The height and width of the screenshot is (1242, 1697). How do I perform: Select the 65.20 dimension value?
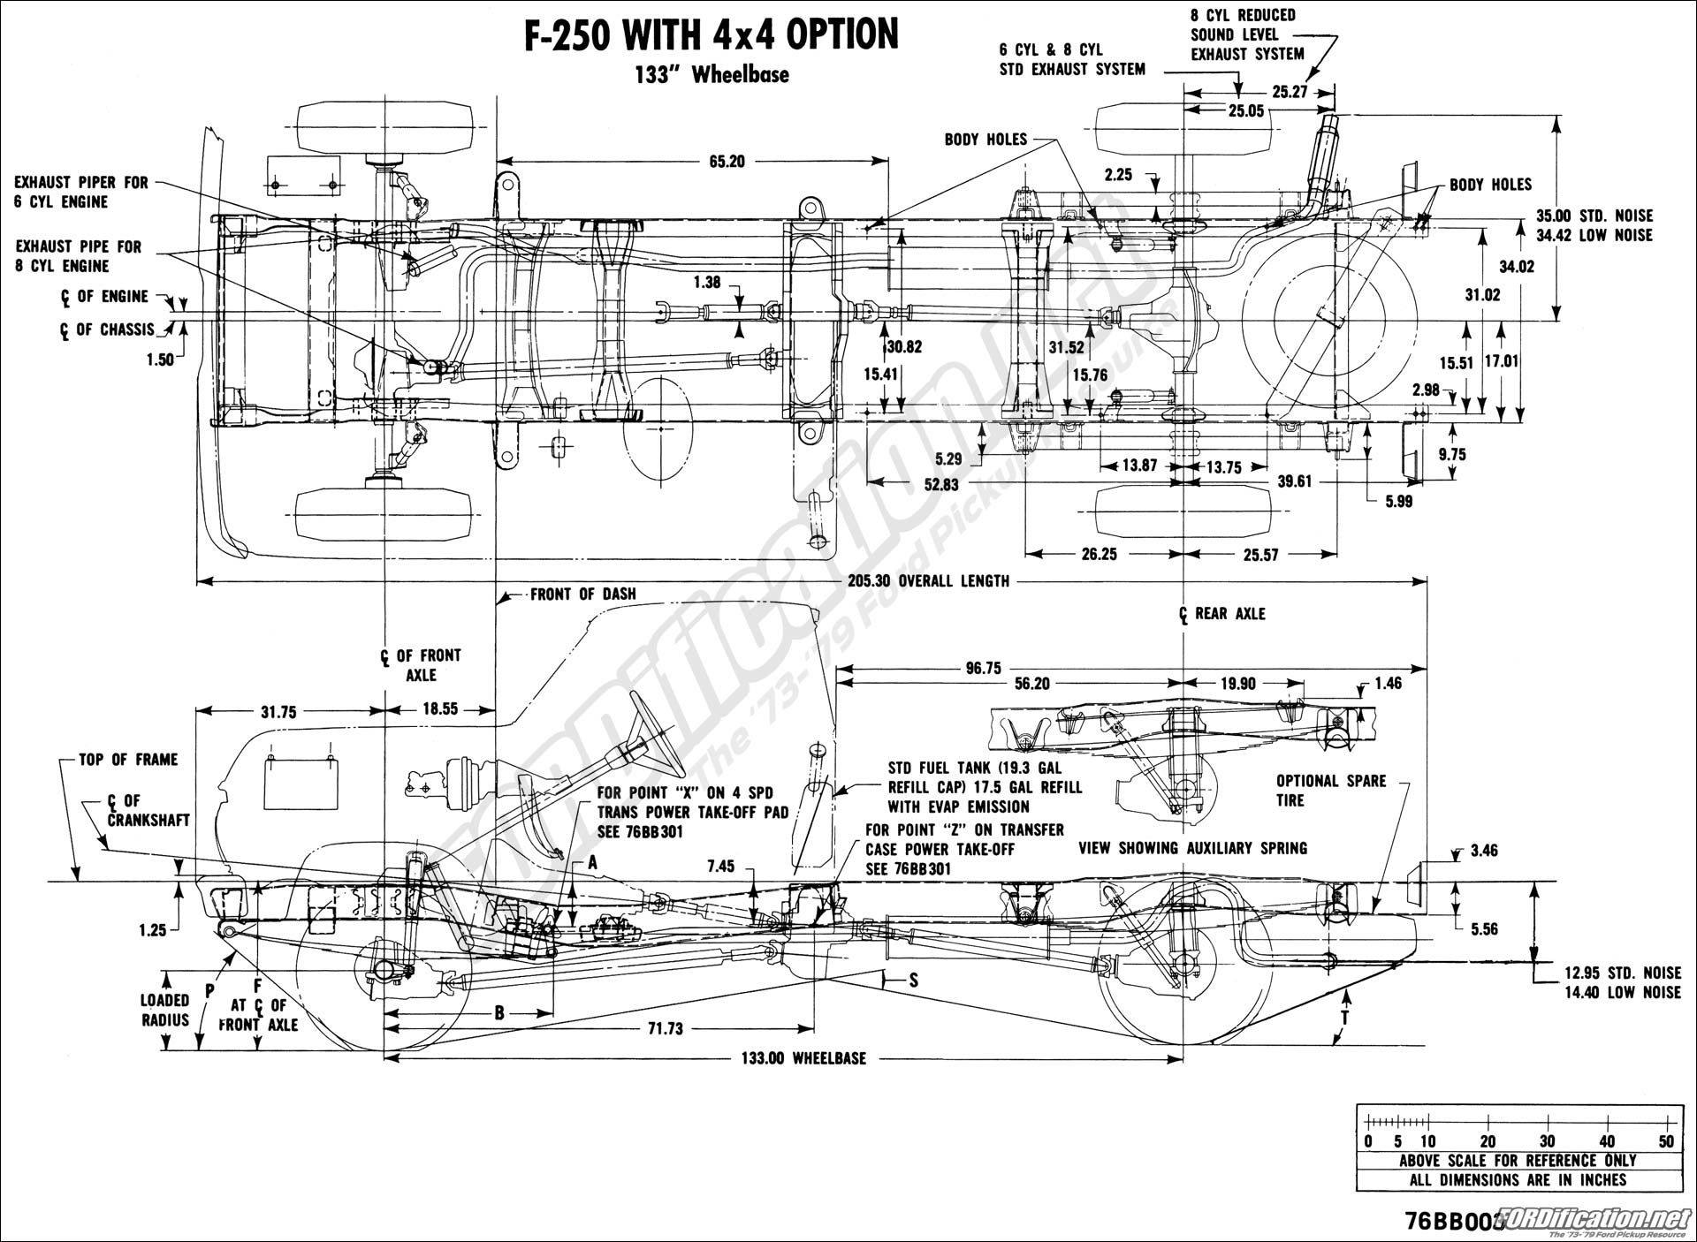coord(726,161)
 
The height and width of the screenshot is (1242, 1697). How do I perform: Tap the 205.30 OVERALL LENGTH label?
coord(928,580)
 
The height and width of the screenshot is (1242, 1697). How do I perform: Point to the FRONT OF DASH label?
coord(582,594)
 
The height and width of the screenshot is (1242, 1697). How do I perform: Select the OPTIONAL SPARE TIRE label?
coord(1330,791)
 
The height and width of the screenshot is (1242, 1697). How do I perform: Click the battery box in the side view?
coord(302,782)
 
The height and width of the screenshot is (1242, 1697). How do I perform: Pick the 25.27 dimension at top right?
coord(1289,91)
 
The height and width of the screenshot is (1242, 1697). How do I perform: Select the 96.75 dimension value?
coord(983,669)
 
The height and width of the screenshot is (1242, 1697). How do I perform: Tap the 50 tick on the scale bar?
coord(1666,1141)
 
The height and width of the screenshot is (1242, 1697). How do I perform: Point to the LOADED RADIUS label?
coord(164,1010)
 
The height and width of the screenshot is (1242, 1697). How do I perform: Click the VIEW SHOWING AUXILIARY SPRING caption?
coord(1192,848)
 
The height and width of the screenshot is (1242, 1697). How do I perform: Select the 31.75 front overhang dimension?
coord(278,712)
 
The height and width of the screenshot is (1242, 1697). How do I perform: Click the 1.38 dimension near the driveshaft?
coord(708,283)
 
